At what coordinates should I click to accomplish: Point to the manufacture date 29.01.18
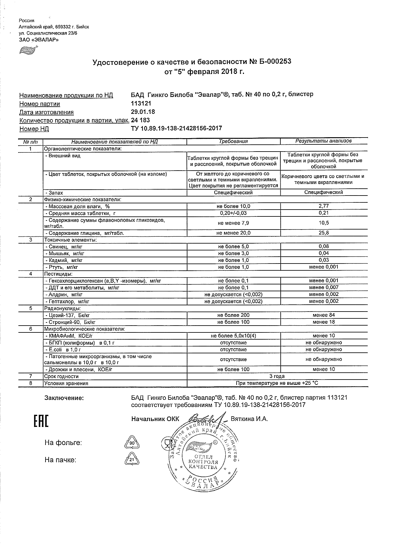point(143,112)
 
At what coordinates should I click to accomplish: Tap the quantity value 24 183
point(141,120)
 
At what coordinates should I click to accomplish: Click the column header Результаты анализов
point(323,141)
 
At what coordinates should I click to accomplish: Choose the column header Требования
point(233,141)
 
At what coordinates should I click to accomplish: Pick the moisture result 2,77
point(324,206)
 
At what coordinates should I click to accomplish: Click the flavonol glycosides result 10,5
point(324,223)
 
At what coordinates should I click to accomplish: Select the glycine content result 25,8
point(324,233)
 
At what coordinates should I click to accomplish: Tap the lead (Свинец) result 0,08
point(324,246)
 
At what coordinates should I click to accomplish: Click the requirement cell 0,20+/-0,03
point(233,213)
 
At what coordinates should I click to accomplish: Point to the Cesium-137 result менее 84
point(324,315)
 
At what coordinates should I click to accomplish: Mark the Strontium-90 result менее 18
point(324,322)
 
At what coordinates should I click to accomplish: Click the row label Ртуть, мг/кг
point(62,267)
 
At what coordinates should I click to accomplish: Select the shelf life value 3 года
point(278,376)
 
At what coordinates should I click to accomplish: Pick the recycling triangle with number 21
point(132,460)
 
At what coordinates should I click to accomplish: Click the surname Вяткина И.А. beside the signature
point(249,419)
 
